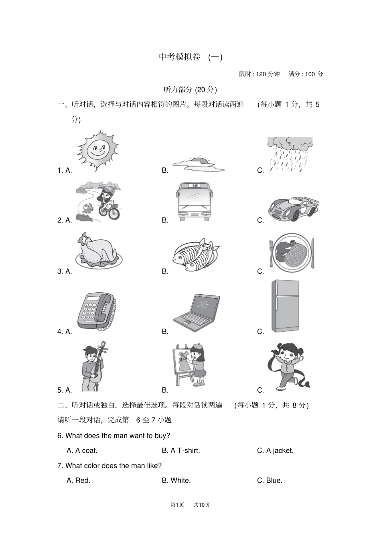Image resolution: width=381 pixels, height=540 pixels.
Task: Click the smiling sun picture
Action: point(98,151)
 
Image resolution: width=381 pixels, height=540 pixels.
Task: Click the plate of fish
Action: point(196,255)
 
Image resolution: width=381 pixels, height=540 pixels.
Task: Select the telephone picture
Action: point(97,311)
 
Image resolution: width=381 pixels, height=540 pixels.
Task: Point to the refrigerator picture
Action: point(285,306)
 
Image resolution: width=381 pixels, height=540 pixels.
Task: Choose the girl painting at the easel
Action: point(190,365)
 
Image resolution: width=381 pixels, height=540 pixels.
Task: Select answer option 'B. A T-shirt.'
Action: point(181,450)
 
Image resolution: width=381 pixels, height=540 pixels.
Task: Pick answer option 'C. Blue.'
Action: point(270,481)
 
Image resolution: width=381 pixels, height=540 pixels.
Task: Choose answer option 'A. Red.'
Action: point(79,481)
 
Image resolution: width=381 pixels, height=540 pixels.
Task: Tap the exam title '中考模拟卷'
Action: point(179,57)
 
